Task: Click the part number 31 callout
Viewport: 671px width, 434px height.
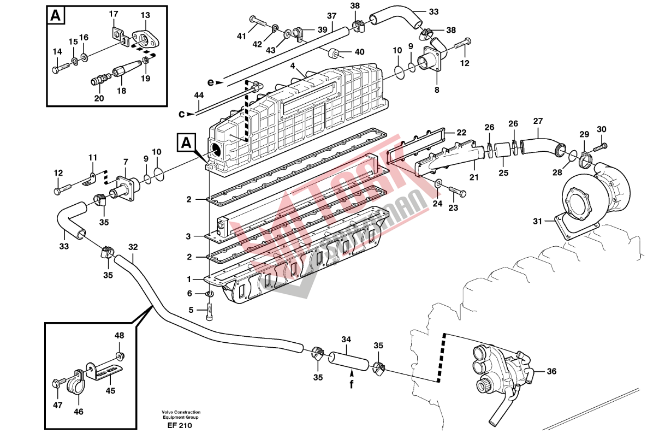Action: tap(538, 221)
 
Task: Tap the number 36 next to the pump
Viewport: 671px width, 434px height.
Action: tap(551, 371)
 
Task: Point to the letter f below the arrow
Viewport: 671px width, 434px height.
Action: tap(352, 384)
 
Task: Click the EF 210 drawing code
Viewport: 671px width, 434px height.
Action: tap(180, 425)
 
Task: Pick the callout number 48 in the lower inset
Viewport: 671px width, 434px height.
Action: tap(120, 335)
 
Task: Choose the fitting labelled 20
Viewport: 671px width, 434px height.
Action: tap(97, 82)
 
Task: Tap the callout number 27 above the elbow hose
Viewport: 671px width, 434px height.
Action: tap(538, 121)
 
